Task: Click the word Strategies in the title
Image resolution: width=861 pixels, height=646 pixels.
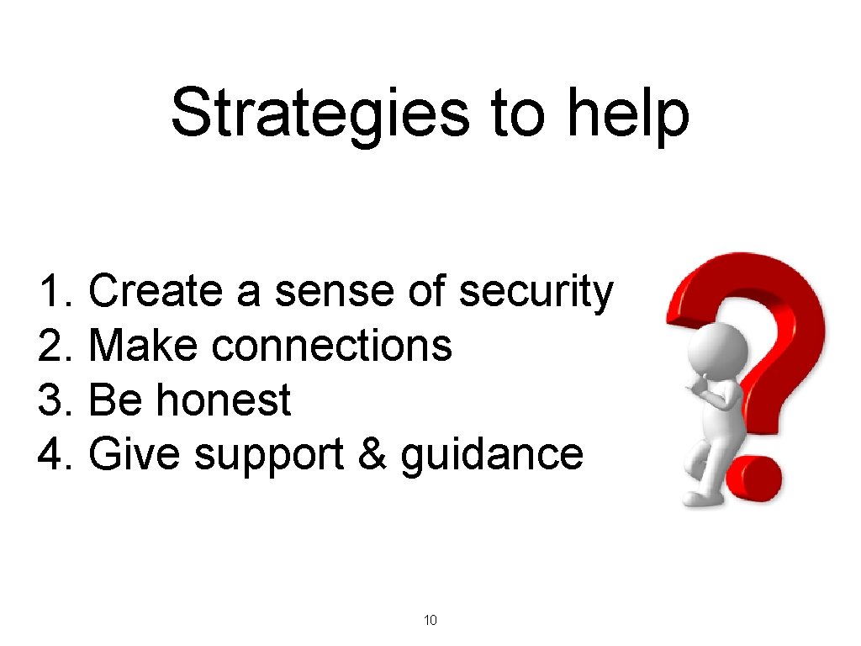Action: (x=319, y=113)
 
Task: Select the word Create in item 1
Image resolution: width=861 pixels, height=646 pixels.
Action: (x=156, y=292)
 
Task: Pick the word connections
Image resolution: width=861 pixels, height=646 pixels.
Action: (x=331, y=346)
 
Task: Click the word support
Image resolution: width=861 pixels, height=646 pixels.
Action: (x=270, y=455)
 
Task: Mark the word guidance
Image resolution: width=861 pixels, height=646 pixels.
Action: (x=492, y=455)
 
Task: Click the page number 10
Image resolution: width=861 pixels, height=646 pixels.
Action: (x=430, y=621)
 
